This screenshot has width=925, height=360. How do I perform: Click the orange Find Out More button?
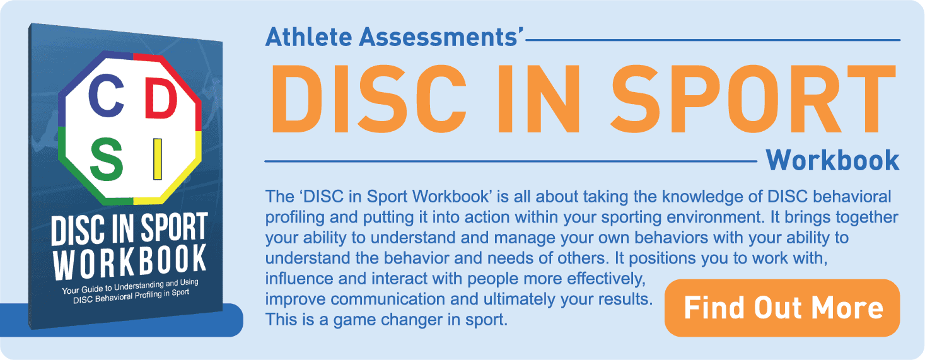[782, 308]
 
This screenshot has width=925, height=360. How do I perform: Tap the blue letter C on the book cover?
[106, 95]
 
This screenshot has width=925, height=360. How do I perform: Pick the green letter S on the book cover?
[107, 159]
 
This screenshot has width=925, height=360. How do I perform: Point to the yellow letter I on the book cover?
[158, 160]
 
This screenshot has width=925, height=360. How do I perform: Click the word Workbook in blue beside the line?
[832, 160]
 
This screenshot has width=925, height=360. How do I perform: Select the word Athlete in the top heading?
[308, 37]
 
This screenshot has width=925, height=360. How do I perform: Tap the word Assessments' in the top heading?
[441, 37]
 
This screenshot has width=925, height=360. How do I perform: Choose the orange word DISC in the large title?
[368, 99]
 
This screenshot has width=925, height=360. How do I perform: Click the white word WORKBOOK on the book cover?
[130, 262]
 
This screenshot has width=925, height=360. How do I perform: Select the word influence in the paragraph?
[299, 279]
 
